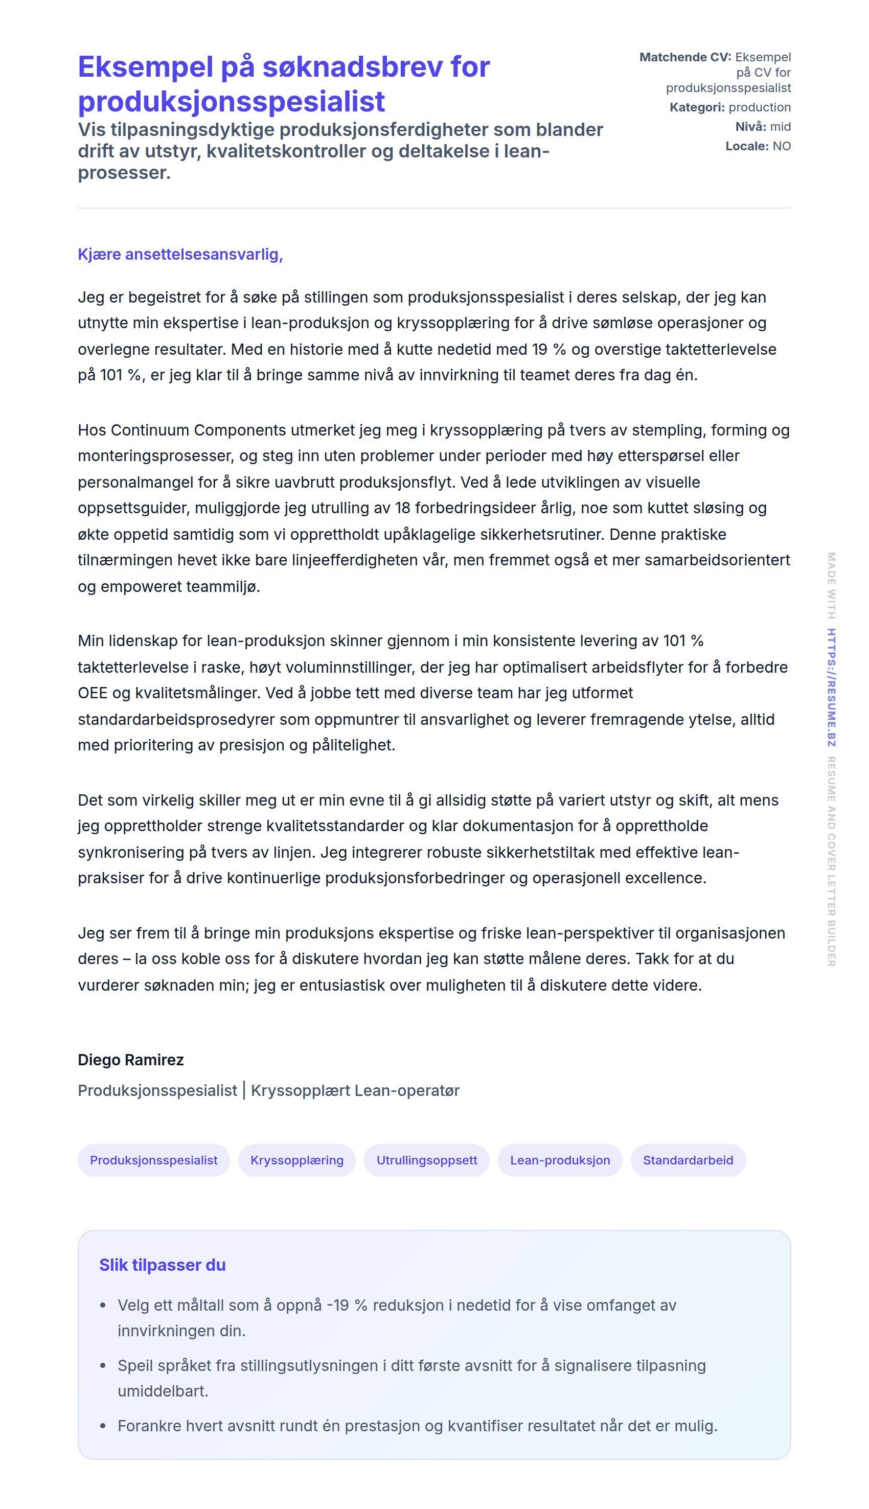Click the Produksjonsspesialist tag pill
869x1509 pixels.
pyautogui.click(x=153, y=1160)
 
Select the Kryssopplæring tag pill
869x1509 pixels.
pyautogui.click(x=296, y=1160)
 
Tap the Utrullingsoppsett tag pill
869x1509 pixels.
pyautogui.click(x=427, y=1160)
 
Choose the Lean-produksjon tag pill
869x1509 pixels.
pyautogui.click(x=560, y=1160)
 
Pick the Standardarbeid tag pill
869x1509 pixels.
pyautogui.click(x=688, y=1160)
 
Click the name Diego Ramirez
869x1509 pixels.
pyautogui.click(x=131, y=1060)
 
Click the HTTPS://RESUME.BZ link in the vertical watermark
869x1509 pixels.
pyautogui.click(x=831, y=688)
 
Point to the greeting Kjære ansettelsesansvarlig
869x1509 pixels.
pyautogui.click(x=179, y=254)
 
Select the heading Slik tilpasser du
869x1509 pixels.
pyautogui.click(x=163, y=1265)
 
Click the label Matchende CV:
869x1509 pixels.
pyautogui.click(x=685, y=57)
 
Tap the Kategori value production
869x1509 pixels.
pyautogui.click(x=759, y=107)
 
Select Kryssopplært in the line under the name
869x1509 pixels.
pyautogui.click(x=300, y=1091)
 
